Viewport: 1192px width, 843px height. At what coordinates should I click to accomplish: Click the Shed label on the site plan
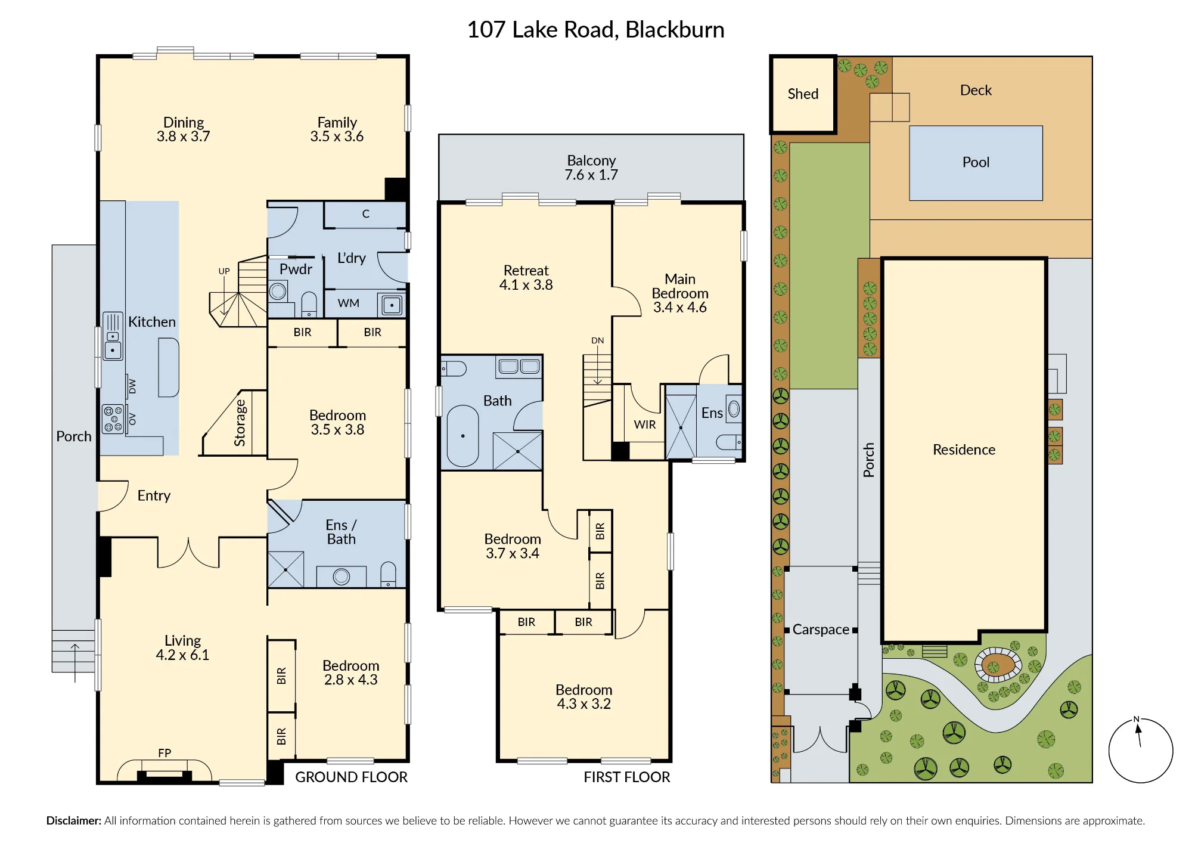(803, 94)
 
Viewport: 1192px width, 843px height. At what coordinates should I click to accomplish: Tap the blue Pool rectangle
(976, 163)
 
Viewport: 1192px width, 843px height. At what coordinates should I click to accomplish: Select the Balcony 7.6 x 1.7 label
(591, 168)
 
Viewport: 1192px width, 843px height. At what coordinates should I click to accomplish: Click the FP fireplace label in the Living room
(164, 753)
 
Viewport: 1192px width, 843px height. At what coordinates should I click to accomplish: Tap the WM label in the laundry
(349, 303)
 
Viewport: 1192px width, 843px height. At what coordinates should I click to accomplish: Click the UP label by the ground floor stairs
(224, 271)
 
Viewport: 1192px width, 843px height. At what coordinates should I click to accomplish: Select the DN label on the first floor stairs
(598, 340)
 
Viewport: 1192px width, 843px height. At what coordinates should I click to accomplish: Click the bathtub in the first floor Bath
(462, 436)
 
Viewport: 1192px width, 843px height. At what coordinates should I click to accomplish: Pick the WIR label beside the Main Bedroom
(645, 424)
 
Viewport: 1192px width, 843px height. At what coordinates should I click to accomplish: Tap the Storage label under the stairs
(240, 423)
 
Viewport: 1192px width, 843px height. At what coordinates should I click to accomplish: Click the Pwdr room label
(296, 269)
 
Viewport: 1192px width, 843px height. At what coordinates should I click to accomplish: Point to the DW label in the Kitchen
(132, 386)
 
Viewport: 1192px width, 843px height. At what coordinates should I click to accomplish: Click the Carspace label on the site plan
(821, 630)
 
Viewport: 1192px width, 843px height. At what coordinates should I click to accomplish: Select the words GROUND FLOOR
(352, 777)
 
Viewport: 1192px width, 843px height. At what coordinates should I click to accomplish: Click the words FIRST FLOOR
(627, 777)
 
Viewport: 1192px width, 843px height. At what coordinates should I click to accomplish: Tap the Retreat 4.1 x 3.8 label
(526, 278)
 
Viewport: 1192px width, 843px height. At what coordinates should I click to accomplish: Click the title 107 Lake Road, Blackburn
(596, 30)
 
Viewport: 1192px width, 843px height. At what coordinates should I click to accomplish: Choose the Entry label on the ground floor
(154, 496)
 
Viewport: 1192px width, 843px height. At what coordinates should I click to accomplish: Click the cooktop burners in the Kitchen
(113, 419)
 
